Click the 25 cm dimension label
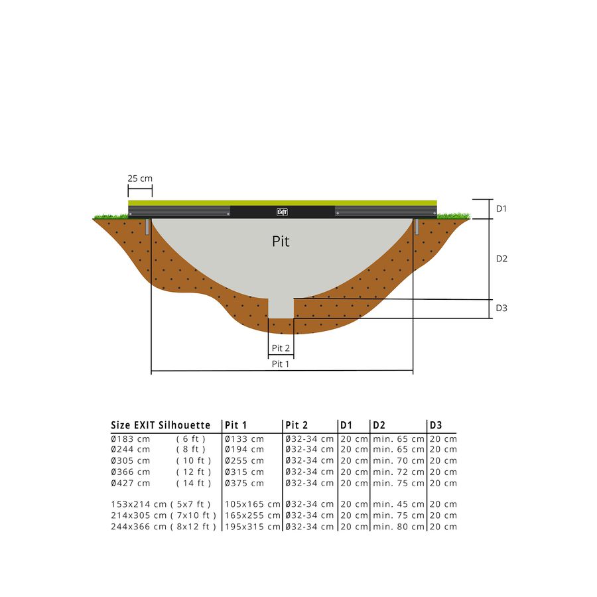coord(140,178)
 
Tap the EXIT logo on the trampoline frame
coord(281,212)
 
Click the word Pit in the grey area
coord(281,241)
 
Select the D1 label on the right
coord(501,208)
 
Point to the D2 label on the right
coord(501,259)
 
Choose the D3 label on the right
coord(501,308)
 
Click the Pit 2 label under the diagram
coord(281,348)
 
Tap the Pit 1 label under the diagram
coord(281,364)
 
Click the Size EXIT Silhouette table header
coord(161,425)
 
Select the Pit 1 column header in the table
coord(236,425)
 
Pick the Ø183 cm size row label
coord(131,439)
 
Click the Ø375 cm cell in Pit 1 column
coord(244,483)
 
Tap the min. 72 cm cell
coord(398,472)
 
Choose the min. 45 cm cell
coord(398,504)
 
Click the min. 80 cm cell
coord(398,527)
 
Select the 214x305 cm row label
coord(139,515)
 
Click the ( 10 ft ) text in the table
coord(194,461)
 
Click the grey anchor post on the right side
coord(417,227)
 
